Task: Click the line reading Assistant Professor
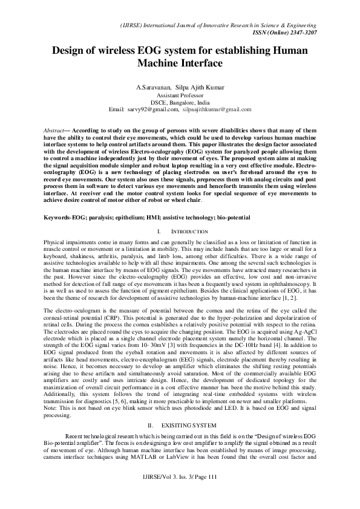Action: click(180, 96)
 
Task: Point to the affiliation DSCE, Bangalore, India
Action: click(180, 102)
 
